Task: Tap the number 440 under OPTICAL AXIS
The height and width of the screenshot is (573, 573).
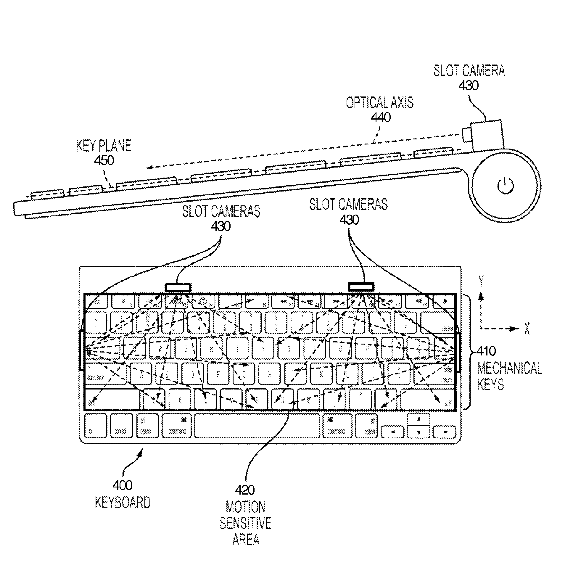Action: [381, 118]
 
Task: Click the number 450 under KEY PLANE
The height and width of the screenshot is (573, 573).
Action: [104, 160]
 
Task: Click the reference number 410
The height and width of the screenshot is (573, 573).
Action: [486, 351]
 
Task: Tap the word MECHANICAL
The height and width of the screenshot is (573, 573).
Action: [509, 368]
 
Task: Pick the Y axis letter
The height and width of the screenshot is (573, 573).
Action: [481, 281]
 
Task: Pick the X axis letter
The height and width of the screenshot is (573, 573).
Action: [527, 329]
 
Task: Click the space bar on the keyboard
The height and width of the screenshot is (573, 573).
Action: [257, 426]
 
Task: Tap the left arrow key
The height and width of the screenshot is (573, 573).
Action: [392, 432]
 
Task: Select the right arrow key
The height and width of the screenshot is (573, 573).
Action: [444, 432]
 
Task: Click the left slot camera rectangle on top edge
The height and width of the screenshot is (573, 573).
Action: [178, 287]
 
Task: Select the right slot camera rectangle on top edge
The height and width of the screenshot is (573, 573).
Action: [361, 287]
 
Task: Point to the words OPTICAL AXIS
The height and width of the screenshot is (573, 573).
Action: [379, 103]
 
